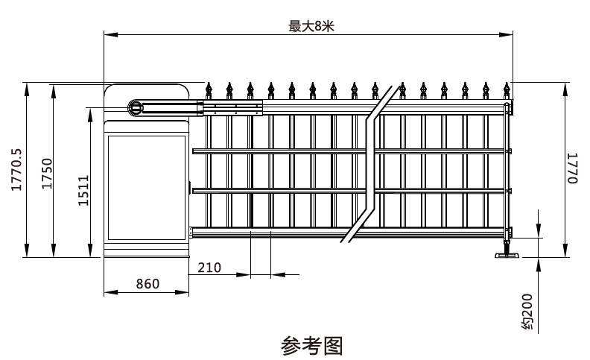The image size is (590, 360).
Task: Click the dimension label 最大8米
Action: [x=311, y=25]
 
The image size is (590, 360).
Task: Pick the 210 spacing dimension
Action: [x=209, y=266]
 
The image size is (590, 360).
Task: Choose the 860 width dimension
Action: [x=148, y=284]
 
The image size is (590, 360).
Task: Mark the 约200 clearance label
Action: [x=527, y=312]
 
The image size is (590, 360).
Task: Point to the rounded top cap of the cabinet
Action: [x=146, y=92]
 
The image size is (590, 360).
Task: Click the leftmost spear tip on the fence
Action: [x=209, y=89]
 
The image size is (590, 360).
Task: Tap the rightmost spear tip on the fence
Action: [x=507, y=89]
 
